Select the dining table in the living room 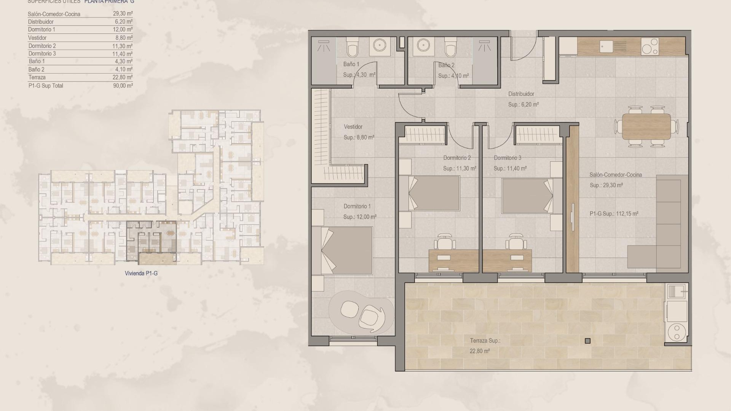pos(646,127)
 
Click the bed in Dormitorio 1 pos(342,250)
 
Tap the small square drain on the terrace pos(587,341)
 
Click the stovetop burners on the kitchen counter pos(650,46)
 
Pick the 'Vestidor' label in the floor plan pos(353,127)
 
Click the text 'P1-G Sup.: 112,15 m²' pos(614,214)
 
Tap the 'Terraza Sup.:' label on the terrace pos(485,341)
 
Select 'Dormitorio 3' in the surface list pos(42,54)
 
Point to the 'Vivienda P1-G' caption pos(141,273)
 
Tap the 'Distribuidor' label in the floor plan pos(521,94)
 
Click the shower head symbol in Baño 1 pos(324,46)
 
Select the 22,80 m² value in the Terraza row pos(123,77)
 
